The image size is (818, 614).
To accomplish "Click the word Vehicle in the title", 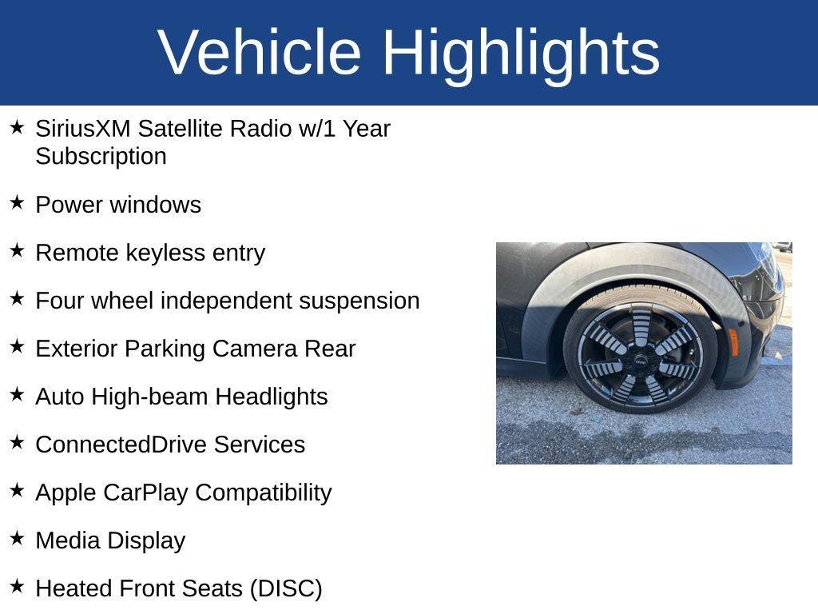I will (260, 52).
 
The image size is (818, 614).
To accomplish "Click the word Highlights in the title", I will (521, 52).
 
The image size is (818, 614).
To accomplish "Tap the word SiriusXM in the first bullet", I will (83, 129).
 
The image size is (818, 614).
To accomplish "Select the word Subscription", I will (101, 156).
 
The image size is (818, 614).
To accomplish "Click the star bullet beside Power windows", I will (17, 203).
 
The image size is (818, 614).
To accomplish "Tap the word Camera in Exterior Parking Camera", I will (254, 349).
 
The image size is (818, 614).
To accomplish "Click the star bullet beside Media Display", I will (17, 539).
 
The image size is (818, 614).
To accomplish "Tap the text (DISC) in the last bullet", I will (286, 588).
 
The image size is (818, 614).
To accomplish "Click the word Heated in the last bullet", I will (74, 588).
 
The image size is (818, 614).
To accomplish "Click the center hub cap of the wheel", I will (640, 363).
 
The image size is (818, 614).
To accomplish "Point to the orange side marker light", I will (733, 341).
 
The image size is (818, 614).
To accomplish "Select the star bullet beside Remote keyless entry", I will (17, 251).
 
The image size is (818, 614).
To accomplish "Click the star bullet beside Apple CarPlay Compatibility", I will (17, 491).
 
